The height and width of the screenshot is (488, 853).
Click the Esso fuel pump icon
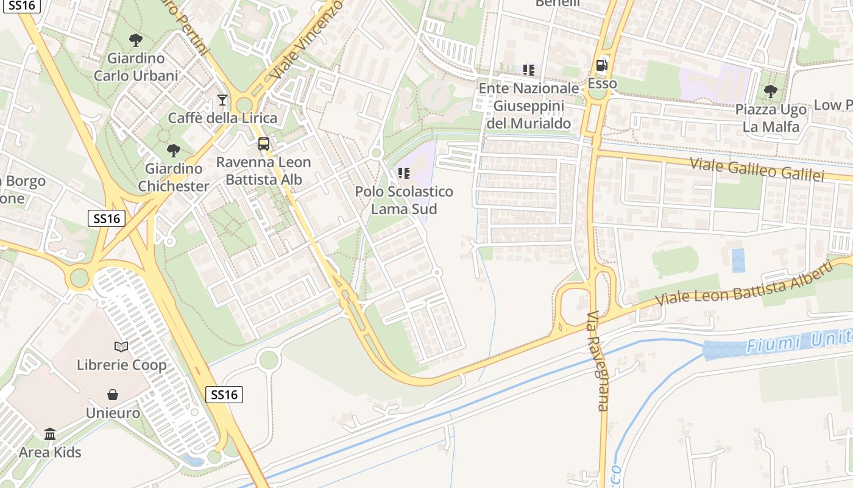click(602, 65)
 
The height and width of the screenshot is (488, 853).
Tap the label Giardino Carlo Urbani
click(136, 67)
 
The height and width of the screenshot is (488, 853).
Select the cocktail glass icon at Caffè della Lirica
click(222, 100)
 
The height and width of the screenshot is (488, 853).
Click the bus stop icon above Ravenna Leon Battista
click(263, 144)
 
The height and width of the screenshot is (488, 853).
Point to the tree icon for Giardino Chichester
click(174, 150)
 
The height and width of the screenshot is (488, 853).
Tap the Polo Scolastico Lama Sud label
click(404, 200)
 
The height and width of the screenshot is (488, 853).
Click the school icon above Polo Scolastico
click(403, 173)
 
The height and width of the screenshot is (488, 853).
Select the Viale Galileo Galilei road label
click(757, 168)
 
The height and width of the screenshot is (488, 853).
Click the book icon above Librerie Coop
click(121, 346)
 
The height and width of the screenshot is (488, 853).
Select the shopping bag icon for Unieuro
click(113, 395)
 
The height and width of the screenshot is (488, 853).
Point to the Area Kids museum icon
click(50, 434)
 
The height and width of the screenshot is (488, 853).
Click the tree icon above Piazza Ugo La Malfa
click(770, 91)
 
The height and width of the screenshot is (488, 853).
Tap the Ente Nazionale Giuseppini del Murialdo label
click(528, 106)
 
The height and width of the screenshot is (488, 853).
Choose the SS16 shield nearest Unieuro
click(224, 395)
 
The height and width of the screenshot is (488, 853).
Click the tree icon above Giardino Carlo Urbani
click(136, 40)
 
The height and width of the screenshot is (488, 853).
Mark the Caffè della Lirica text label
click(222, 118)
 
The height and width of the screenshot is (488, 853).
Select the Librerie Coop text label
click(121, 365)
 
